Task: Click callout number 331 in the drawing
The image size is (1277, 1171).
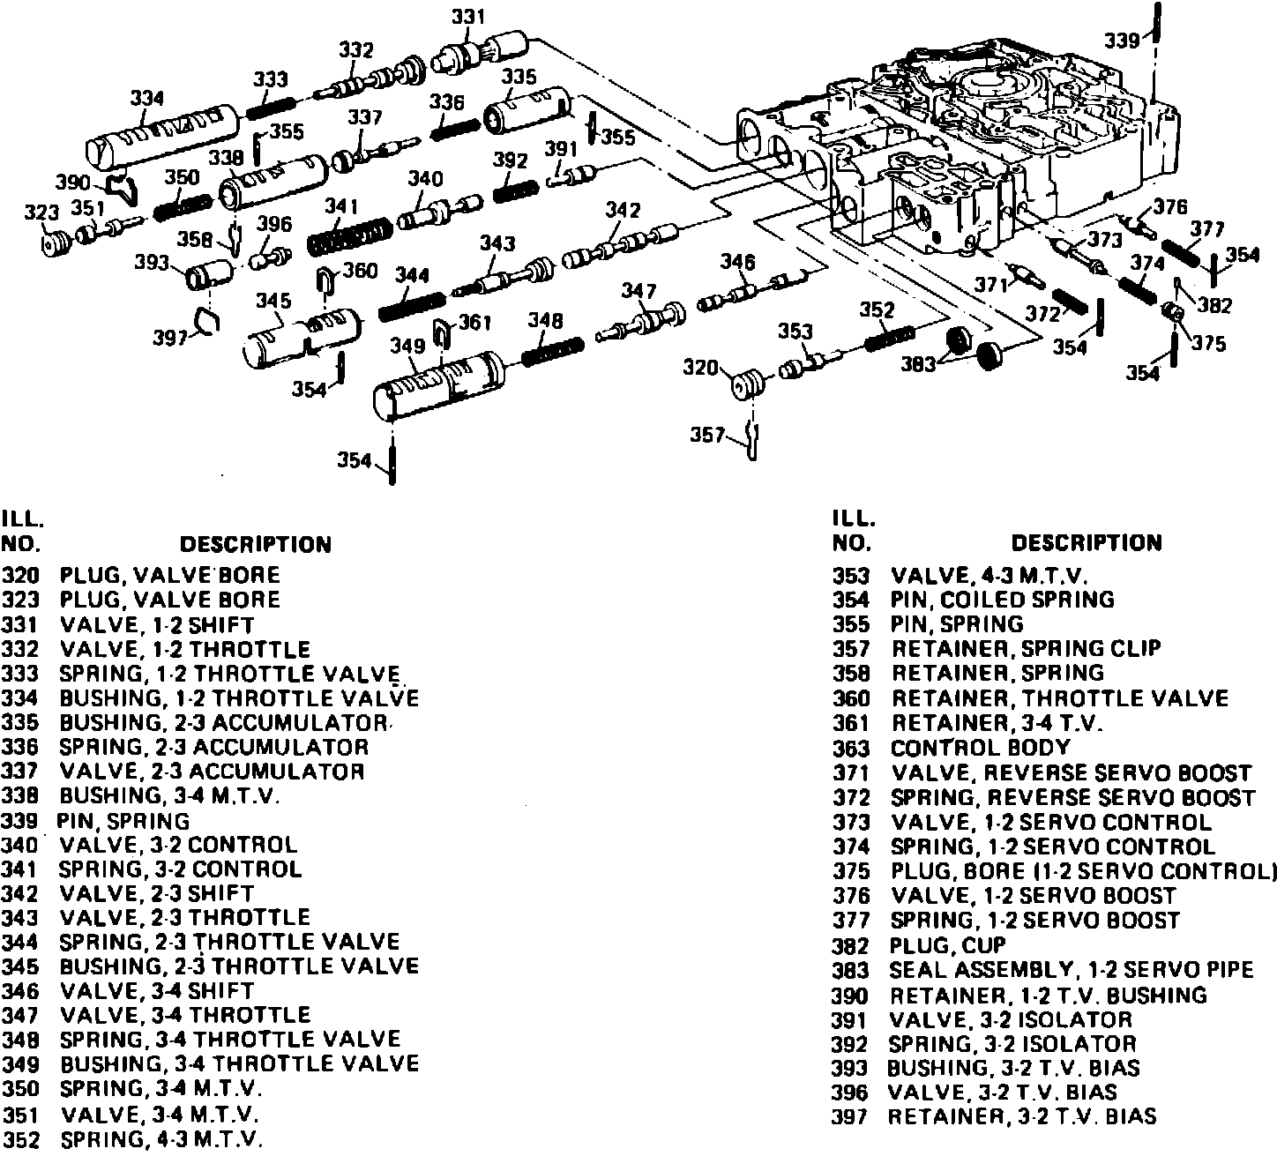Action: [467, 17]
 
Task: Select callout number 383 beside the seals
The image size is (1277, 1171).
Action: [918, 362]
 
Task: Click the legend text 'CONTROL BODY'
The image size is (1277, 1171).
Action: [981, 749]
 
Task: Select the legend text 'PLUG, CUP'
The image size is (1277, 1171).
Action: [948, 945]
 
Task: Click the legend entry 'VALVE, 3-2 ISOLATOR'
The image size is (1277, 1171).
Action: [1011, 1019]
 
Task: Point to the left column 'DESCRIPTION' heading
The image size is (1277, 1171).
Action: [255, 544]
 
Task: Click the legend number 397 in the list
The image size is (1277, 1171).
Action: [851, 1117]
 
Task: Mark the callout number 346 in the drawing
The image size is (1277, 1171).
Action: [737, 262]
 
